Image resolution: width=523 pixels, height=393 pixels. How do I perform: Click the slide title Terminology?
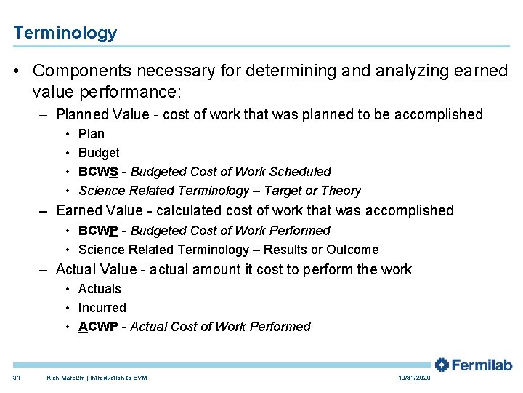pos(65,33)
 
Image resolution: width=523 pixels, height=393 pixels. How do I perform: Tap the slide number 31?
pos(17,378)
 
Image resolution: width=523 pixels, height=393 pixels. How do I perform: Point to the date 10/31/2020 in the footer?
pos(414,378)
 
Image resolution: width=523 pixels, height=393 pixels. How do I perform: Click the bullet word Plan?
pos(92,134)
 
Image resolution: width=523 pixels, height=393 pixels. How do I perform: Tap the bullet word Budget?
pos(99,153)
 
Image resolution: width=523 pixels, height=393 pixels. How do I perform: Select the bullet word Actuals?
pos(100,289)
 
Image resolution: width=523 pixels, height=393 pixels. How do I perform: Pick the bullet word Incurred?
pos(102,308)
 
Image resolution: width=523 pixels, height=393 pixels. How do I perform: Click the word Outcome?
pos(353,250)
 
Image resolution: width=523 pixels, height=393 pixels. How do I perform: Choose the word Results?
pos(285,250)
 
